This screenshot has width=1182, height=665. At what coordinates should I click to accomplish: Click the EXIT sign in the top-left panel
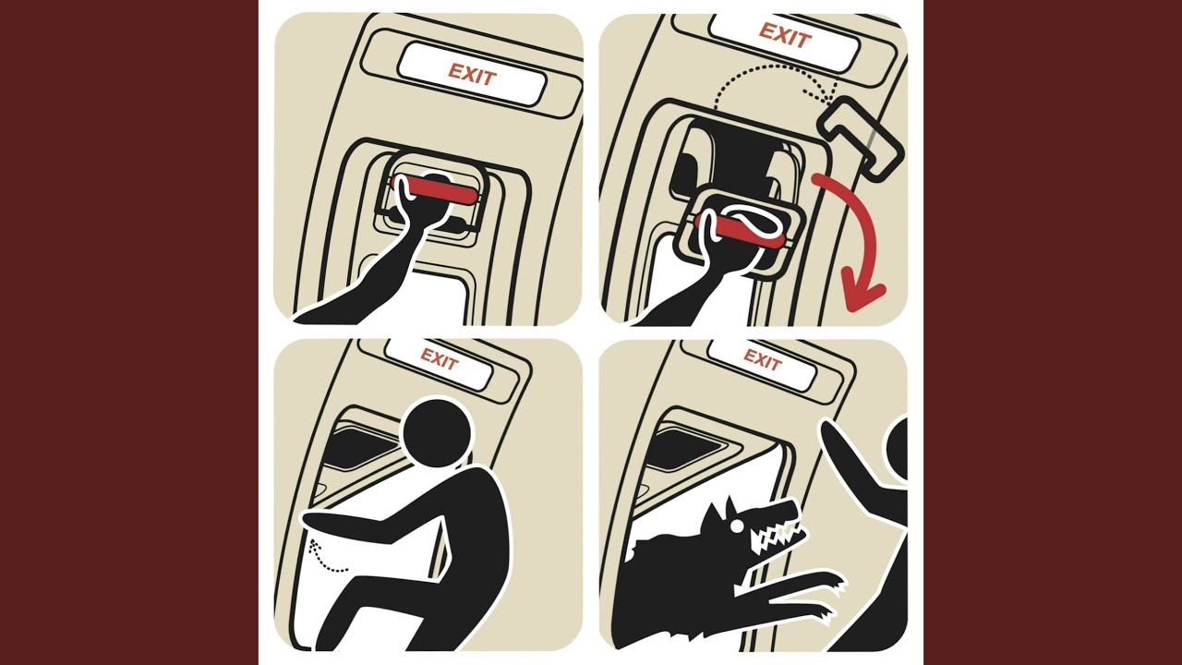[x=472, y=75]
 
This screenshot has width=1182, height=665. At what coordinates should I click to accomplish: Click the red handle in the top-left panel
[x=434, y=190]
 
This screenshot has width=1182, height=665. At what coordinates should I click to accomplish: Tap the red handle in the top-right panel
[x=739, y=230]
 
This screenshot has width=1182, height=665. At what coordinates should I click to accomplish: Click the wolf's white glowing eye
[x=733, y=526]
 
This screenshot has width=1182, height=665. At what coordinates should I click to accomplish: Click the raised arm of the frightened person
[x=855, y=465]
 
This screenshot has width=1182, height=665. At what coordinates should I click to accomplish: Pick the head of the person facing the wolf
[x=898, y=449]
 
